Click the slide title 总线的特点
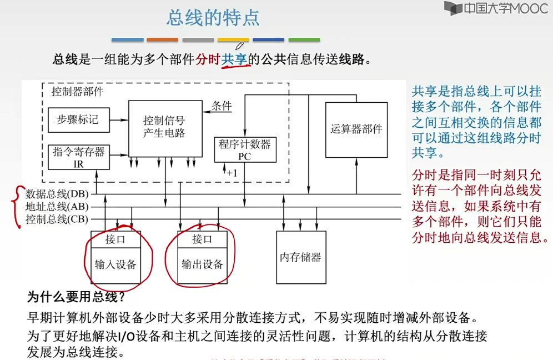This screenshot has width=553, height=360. point(213,18)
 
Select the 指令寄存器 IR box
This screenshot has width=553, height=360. point(78,157)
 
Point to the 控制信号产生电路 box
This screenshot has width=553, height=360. point(164,127)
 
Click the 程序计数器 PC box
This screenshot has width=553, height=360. point(245,149)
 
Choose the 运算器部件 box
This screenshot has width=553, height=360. point(356,129)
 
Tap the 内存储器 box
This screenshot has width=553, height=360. point(300,257)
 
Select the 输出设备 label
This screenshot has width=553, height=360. point(202,264)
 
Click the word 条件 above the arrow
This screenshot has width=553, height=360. point(221,106)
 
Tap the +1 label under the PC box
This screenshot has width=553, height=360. point(232,173)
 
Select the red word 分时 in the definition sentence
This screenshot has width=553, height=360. point(208,59)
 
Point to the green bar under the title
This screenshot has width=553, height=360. point(304,40)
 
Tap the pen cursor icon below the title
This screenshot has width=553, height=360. point(240,46)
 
